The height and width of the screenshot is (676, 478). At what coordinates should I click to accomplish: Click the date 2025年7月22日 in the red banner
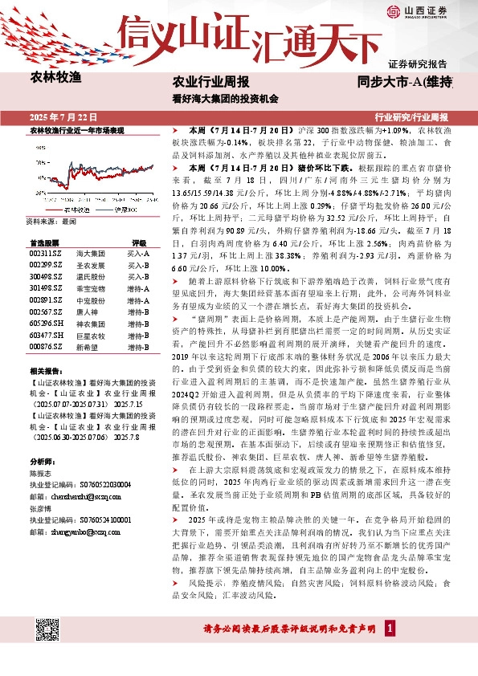tap(62, 117)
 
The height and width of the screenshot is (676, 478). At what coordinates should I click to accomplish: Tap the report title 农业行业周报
tap(211, 82)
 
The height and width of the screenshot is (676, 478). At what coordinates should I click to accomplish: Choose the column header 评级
tap(138, 242)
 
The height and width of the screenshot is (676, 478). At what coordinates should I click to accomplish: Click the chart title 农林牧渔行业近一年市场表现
tap(76, 129)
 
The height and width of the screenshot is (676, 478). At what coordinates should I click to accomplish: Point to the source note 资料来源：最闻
tap(51, 221)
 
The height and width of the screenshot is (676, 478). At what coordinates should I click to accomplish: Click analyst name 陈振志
tap(40, 474)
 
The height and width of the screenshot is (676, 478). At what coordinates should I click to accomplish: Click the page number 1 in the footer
tap(390, 628)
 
